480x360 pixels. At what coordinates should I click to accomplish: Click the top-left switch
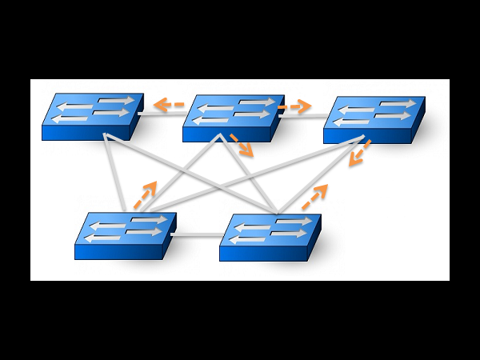point(92,116)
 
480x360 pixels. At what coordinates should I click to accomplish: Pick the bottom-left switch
point(125,235)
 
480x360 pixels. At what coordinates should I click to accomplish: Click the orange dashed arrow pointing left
point(169,104)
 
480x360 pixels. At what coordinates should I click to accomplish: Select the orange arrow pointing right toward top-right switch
point(295,106)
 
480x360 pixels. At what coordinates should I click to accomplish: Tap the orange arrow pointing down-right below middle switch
point(242,145)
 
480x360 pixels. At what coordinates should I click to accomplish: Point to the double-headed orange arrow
point(359,153)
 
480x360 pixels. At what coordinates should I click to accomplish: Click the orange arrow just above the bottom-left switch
point(145,195)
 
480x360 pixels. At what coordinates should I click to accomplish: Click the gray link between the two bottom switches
point(198,235)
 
